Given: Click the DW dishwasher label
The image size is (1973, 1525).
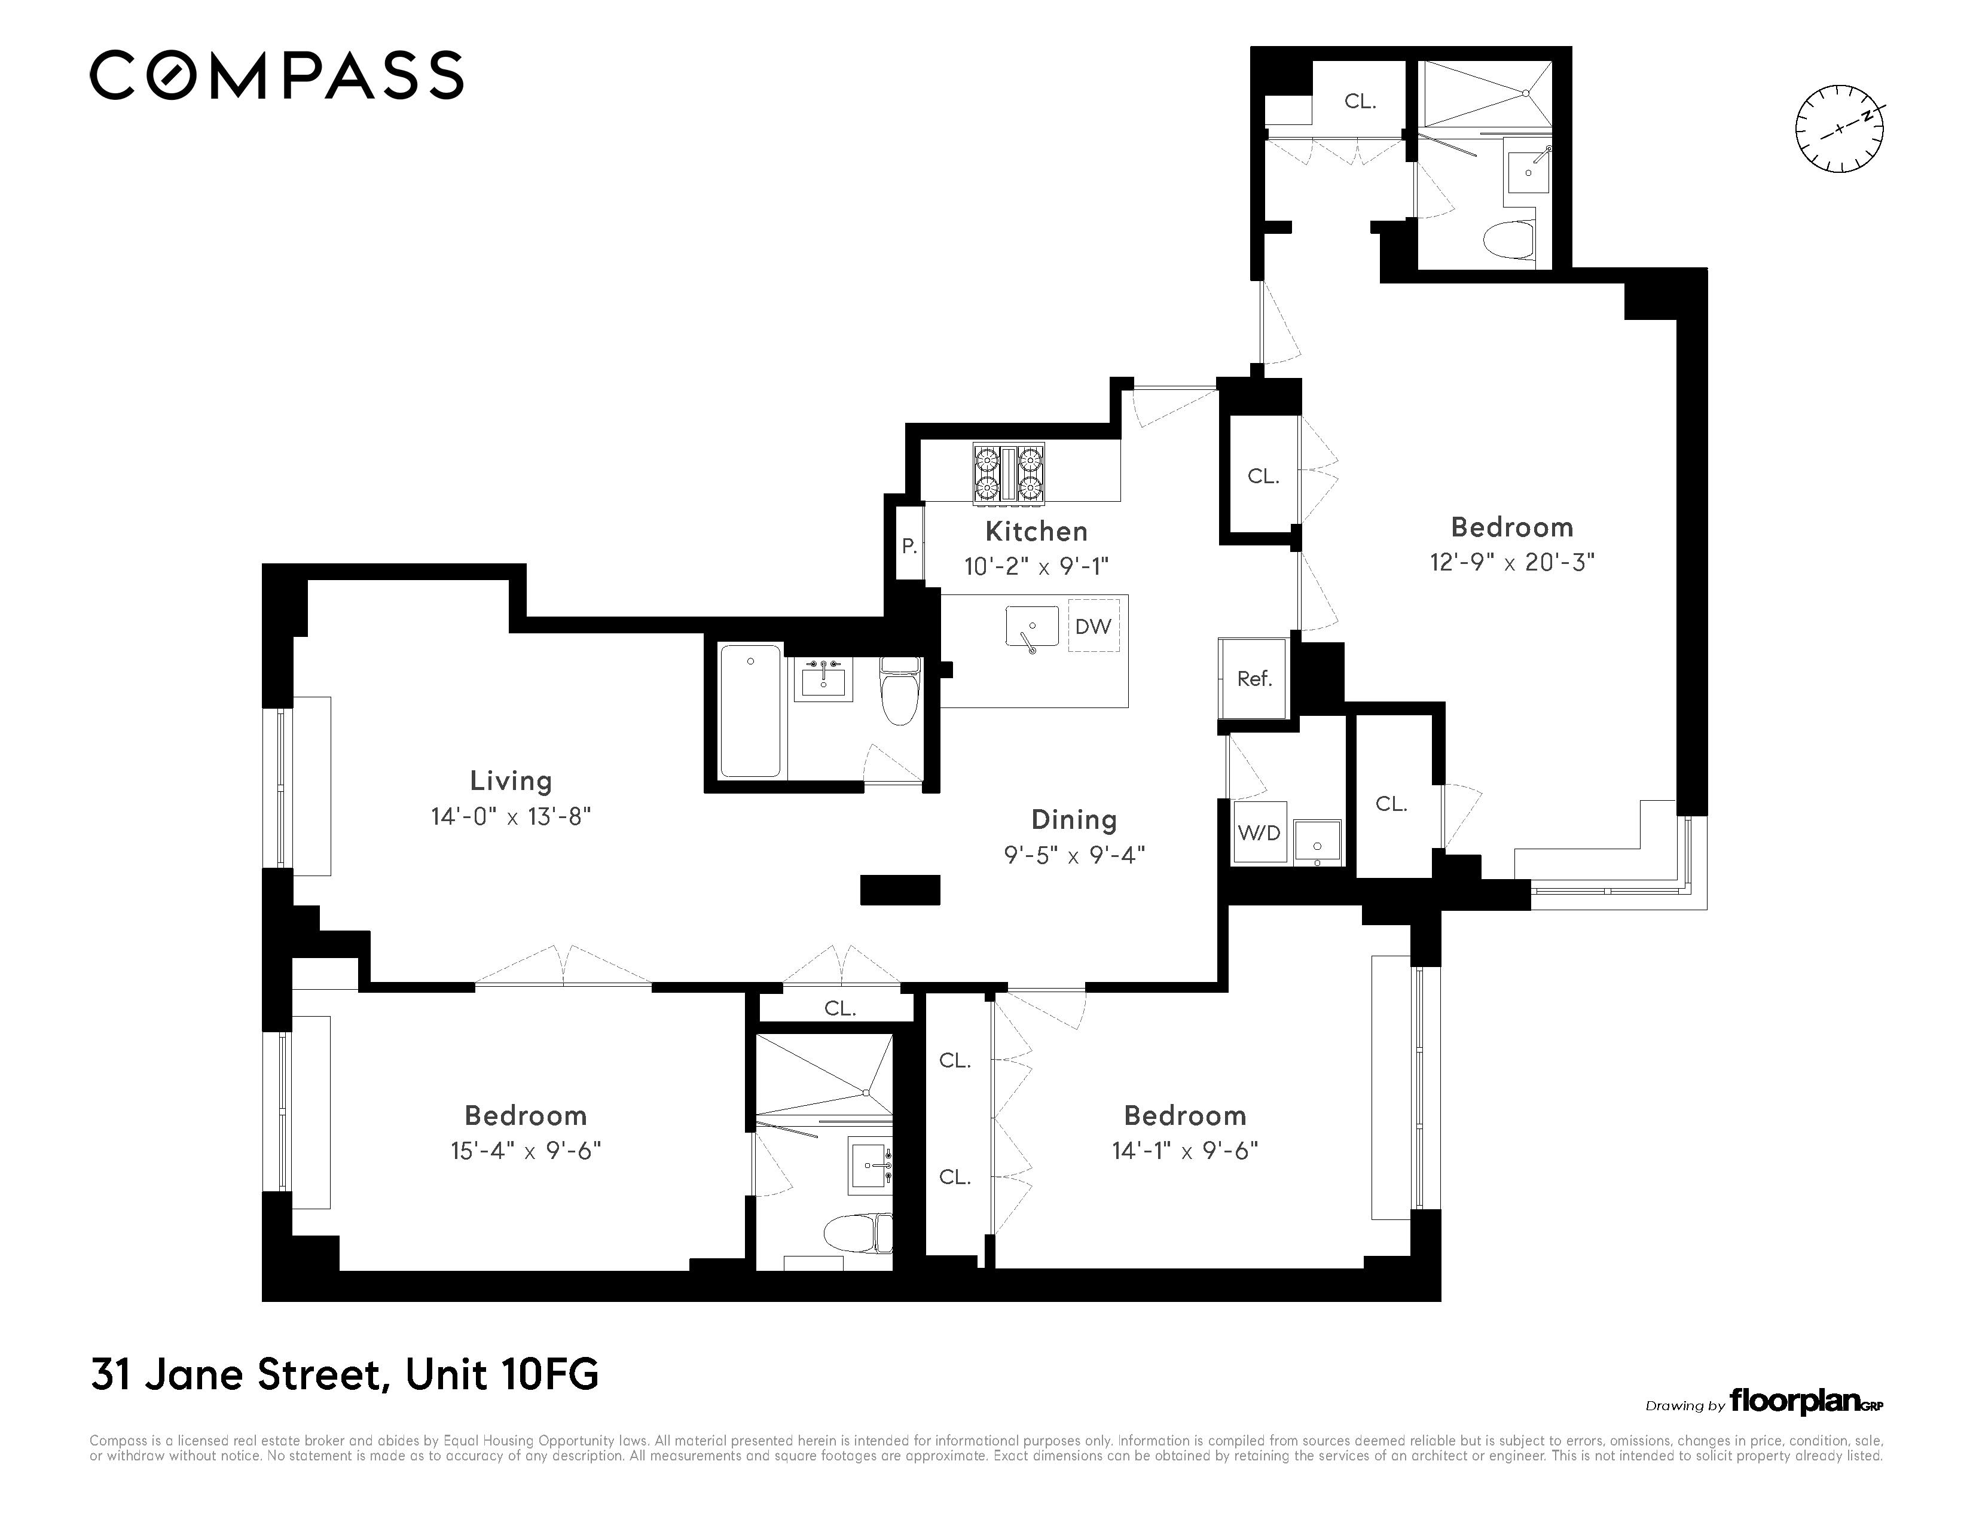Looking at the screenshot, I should point(1092,626).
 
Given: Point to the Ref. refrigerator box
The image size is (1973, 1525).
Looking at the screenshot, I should point(1253,679).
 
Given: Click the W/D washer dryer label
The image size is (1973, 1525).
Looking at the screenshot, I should point(1259,832).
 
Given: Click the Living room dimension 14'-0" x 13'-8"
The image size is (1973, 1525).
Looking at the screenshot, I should point(511,817).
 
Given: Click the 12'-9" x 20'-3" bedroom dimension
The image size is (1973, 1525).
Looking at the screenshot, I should point(1511,562).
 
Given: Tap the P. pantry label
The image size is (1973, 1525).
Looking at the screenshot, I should point(909,545).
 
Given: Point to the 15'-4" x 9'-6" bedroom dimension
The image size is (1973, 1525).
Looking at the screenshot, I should point(526,1151).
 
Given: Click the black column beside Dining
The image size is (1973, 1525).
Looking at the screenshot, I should point(900,890).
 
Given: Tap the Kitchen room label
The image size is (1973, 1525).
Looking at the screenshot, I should point(1036,531).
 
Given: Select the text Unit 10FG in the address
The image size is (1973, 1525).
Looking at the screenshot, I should point(502,1375).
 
